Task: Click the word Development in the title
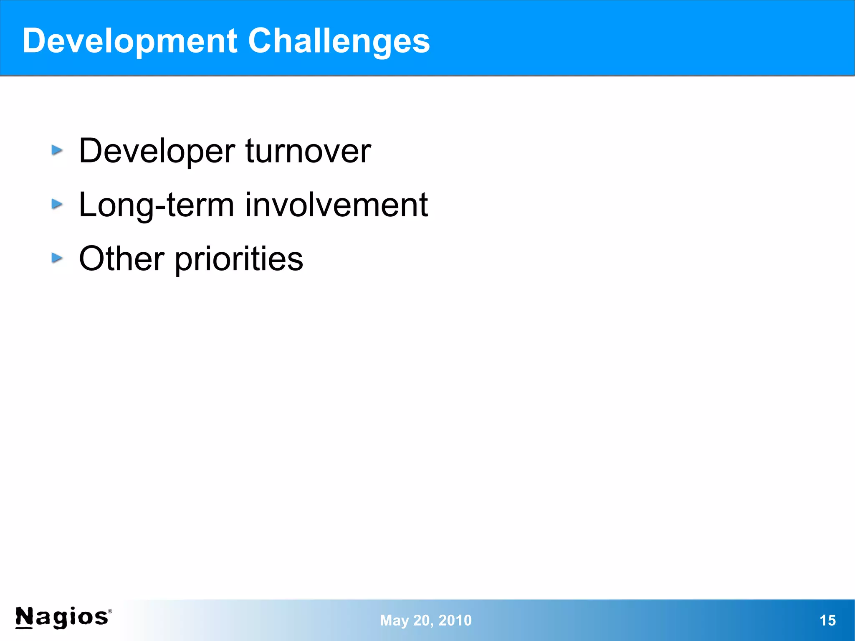point(129,41)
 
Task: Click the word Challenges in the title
point(339,41)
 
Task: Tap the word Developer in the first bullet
point(157,151)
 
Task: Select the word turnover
point(308,151)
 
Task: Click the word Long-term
point(156,205)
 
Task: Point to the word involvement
point(336,205)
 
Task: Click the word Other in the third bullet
point(121,259)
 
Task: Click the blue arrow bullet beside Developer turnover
point(57,150)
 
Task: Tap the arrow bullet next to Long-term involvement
point(57,204)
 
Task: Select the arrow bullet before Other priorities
point(57,258)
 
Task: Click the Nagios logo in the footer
point(63,617)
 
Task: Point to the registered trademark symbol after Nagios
point(110,611)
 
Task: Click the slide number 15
point(827,620)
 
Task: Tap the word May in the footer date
point(394,621)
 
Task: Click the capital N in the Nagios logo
point(24,617)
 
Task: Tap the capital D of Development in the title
point(34,41)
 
